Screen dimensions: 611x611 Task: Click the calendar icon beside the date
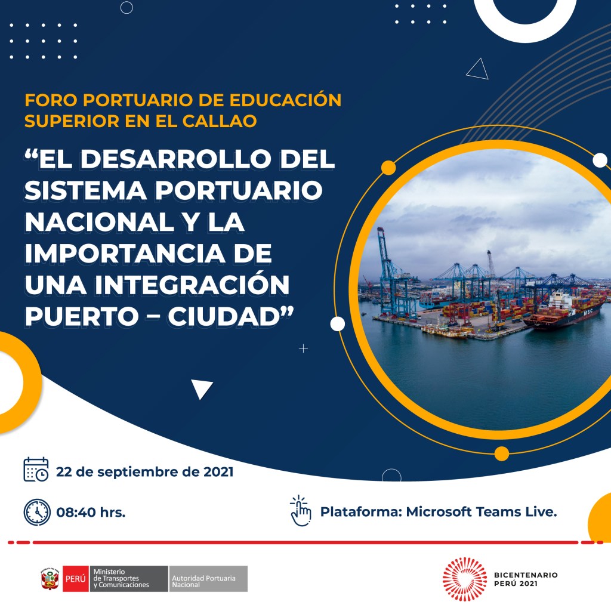[x=36, y=470]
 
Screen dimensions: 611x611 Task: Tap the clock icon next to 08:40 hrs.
[x=37, y=512]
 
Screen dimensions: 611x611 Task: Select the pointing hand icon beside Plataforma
[x=301, y=511]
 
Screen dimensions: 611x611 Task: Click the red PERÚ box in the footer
[x=76, y=579]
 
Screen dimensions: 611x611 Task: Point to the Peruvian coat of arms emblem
[x=50, y=579]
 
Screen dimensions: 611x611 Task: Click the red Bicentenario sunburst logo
[x=465, y=579]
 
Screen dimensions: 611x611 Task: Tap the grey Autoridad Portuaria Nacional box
[x=208, y=579]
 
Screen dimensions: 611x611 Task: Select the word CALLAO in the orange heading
[x=220, y=121]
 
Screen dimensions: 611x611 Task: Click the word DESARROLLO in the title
[x=175, y=159]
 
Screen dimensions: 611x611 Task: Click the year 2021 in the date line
[x=218, y=472]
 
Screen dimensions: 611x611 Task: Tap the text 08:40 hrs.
[x=91, y=512]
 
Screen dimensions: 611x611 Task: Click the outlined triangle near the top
[x=478, y=70]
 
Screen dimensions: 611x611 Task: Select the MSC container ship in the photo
[x=565, y=311]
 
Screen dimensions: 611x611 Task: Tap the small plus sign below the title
[x=303, y=348]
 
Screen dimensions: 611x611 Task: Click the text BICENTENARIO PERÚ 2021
[x=526, y=579]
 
